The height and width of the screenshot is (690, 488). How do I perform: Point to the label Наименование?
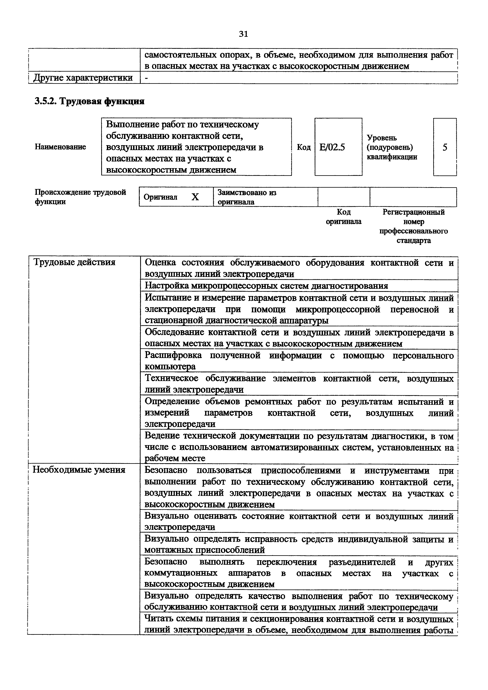(60, 147)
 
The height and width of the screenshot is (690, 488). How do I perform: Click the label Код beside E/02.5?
(304, 147)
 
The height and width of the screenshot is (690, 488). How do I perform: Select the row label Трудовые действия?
(74, 262)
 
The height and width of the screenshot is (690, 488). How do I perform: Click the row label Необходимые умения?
(79, 470)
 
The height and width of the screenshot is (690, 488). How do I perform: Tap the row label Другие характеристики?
(83, 78)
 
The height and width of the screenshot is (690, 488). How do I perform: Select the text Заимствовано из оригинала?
(246, 197)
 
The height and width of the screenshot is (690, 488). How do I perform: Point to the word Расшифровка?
(173, 355)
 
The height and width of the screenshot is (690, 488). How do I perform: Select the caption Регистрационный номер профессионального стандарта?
(413, 226)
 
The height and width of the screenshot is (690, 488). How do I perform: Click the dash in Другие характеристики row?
(146, 78)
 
